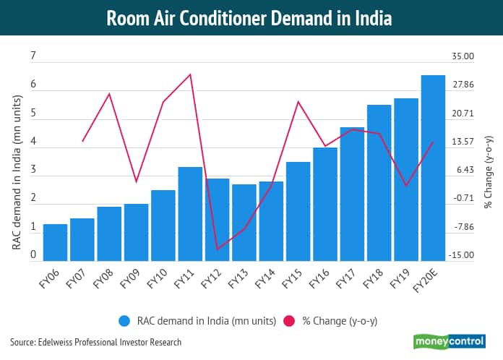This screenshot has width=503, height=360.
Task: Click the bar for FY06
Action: pos(55,242)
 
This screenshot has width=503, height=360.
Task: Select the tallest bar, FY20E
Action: pos(433,168)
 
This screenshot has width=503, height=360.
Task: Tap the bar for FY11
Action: pos(190,213)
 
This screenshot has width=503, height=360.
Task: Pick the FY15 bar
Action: pos(298,211)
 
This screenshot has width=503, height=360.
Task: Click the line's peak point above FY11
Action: pos(190,74)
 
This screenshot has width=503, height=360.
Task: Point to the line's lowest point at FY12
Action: pos(218,249)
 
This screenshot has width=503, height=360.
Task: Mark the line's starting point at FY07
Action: pos(82,141)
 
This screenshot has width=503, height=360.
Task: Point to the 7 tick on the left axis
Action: pos(33,56)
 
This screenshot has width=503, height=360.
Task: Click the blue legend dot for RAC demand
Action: pos(125,320)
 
